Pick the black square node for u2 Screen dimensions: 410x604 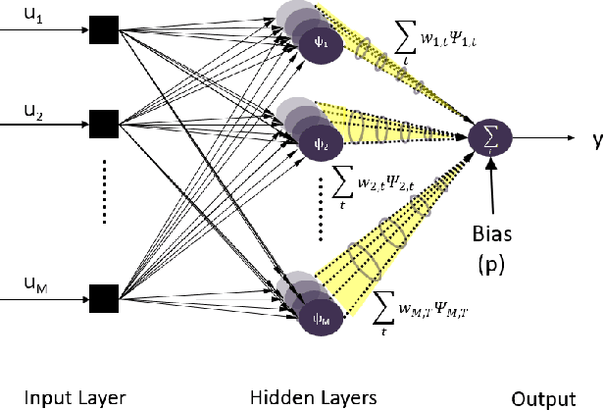[x=102, y=123]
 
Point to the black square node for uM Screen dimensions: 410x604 [x=102, y=295]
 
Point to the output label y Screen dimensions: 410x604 [x=596, y=140]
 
